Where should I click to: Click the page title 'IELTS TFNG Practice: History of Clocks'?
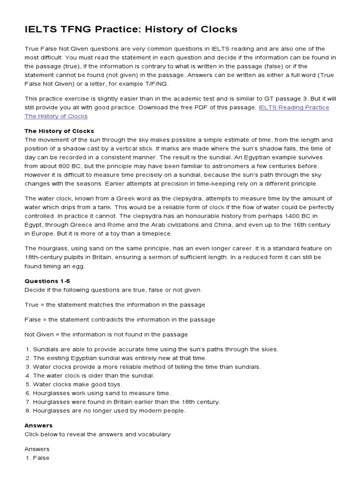(x=131, y=30)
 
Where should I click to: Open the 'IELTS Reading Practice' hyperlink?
(x=294, y=107)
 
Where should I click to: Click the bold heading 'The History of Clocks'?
(x=59, y=131)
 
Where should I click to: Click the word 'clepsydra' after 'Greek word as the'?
(x=157, y=198)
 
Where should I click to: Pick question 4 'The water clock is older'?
(x=90, y=375)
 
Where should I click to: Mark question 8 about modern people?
(x=105, y=411)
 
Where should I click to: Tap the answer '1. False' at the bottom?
(x=37, y=458)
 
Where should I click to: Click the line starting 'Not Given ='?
(x=106, y=334)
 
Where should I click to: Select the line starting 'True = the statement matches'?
(x=115, y=305)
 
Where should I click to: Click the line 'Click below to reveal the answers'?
(x=97, y=434)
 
